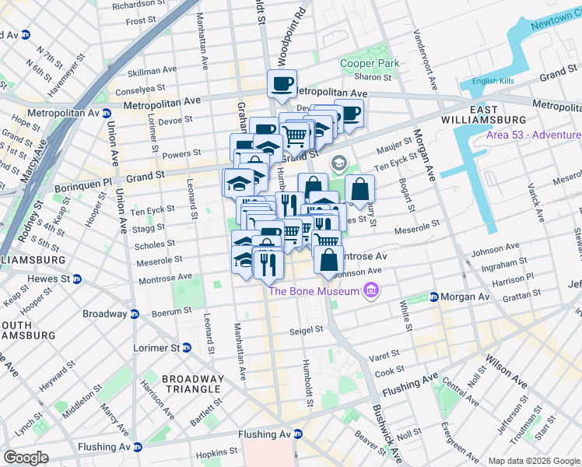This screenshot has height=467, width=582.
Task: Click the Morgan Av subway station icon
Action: [433, 297]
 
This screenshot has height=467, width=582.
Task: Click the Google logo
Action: [26, 458]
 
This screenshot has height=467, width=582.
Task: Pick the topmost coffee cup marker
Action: [282, 83]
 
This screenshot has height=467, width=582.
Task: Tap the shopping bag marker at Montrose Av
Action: [328, 259]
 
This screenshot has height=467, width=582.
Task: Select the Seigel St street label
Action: [306, 329]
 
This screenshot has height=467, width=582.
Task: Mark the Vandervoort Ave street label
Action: [422, 51]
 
